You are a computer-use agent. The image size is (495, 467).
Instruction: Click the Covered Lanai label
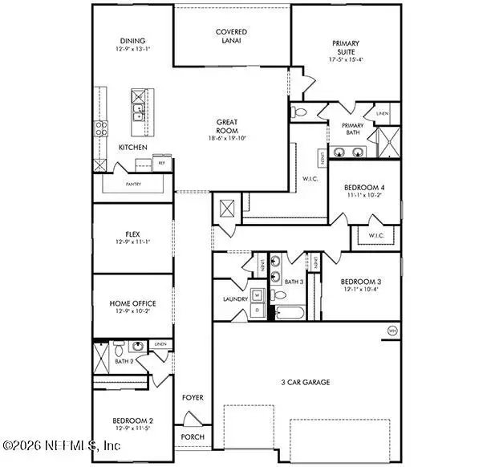click(231, 36)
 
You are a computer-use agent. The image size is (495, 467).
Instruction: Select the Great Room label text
click(227, 127)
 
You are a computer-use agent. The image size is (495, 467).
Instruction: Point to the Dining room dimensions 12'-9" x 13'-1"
click(132, 51)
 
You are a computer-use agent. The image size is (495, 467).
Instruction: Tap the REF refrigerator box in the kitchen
click(161, 163)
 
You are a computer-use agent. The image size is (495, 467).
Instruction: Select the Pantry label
click(132, 184)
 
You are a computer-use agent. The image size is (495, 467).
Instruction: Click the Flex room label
click(132, 235)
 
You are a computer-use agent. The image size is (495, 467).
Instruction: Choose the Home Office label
click(132, 303)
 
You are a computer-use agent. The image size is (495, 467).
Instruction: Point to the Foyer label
click(193, 397)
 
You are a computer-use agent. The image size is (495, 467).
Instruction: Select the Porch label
click(193, 437)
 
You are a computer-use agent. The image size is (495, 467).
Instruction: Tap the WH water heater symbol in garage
click(392, 331)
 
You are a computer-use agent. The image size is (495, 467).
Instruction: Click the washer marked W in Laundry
click(258, 293)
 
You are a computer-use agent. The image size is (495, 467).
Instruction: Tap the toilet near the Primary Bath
click(297, 112)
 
